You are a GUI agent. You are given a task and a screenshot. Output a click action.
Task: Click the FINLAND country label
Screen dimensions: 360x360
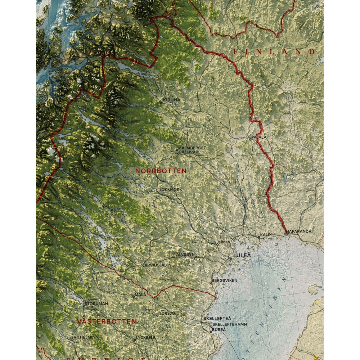click(x=274, y=52)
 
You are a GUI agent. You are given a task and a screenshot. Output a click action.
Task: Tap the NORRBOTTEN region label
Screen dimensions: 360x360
click(x=161, y=171)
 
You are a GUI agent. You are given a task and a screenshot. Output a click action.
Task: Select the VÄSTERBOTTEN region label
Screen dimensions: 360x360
click(x=107, y=321)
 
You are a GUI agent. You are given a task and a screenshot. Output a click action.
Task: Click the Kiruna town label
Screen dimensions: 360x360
click(x=172, y=100)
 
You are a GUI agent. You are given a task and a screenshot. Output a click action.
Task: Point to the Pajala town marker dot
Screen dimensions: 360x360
click(x=251, y=139)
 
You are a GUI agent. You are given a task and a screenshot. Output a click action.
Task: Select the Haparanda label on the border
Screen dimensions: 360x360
click(x=299, y=231)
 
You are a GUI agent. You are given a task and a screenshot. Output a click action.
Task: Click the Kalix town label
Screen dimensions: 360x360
click(x=266, y=235)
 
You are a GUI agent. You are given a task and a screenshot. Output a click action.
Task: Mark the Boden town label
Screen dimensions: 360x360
click(x=224, y=242)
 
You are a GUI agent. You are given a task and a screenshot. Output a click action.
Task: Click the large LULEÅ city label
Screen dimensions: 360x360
click(x=242, y=256)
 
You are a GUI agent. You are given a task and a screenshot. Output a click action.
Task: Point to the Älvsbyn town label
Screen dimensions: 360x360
click(x=185, y=254)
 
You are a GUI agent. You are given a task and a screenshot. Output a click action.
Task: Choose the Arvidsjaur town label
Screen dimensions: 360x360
click(x=157, y=265)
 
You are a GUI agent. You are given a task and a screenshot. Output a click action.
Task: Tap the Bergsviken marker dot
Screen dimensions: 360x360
click(x=211, y=283)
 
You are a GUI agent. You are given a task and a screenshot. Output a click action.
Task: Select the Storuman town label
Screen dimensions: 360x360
click(x=96, y=303)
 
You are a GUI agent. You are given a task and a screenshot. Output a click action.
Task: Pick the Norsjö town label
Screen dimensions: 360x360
click(x=167, y=313)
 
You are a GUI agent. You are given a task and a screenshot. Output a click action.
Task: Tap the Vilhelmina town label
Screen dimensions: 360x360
click(x=86, y=337)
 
